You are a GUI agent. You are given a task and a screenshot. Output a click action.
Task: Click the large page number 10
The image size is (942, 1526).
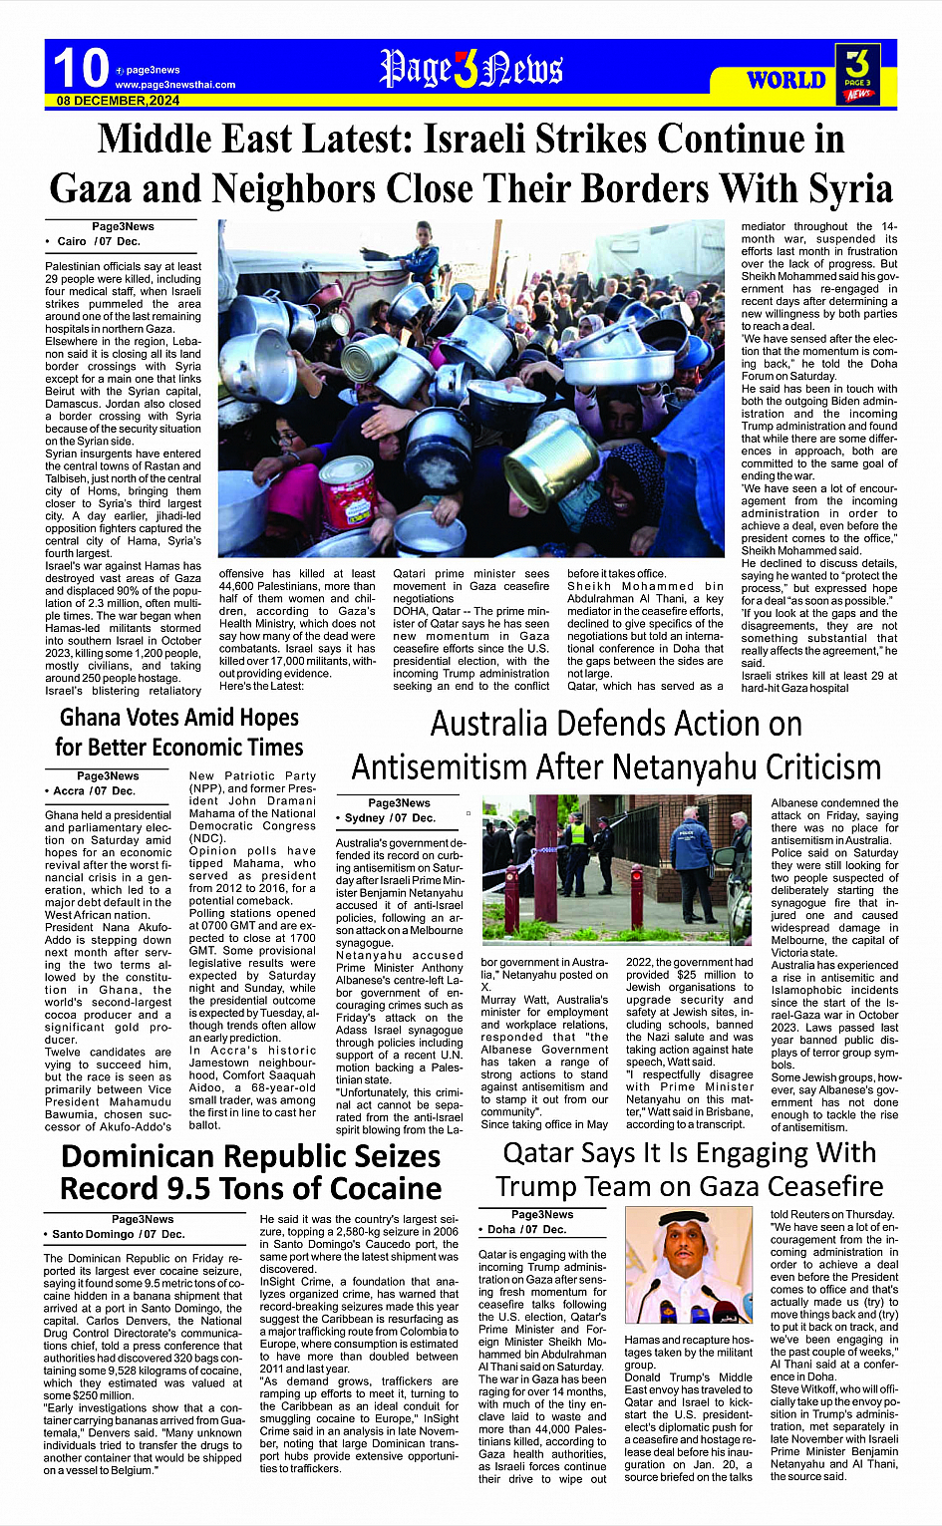(81, 68)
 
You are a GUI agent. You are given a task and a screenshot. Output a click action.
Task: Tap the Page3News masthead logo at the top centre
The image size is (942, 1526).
(471, 69)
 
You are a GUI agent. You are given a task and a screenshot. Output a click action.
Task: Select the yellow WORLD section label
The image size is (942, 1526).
(786, 80)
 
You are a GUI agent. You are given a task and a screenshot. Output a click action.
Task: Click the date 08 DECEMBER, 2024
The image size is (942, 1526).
(118, 101)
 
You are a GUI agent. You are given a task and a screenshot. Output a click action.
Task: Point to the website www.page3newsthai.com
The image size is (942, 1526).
(174, 85)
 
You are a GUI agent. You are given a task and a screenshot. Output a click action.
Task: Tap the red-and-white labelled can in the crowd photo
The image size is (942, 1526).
(349, 489)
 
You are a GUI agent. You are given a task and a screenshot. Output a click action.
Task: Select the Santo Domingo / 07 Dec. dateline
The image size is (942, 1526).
(119, 1234)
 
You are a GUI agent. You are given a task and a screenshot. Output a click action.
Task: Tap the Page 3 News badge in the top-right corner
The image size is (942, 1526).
(857, 74)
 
